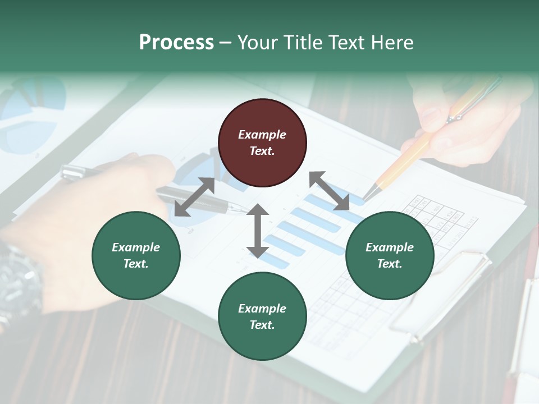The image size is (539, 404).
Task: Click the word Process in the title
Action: pyautogui.click(x=176, y=43)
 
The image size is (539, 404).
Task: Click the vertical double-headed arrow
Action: pyautogui.click(x=258, y=231)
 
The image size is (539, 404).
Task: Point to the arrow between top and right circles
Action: pyautogui.click(x=330, y=191)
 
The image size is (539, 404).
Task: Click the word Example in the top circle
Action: pyautogui.click(x=262, y=135)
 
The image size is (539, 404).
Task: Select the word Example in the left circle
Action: pyautogui.click(x=136, y=247)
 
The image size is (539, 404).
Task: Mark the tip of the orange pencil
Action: pyautogui.click(x=366, y=198)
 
